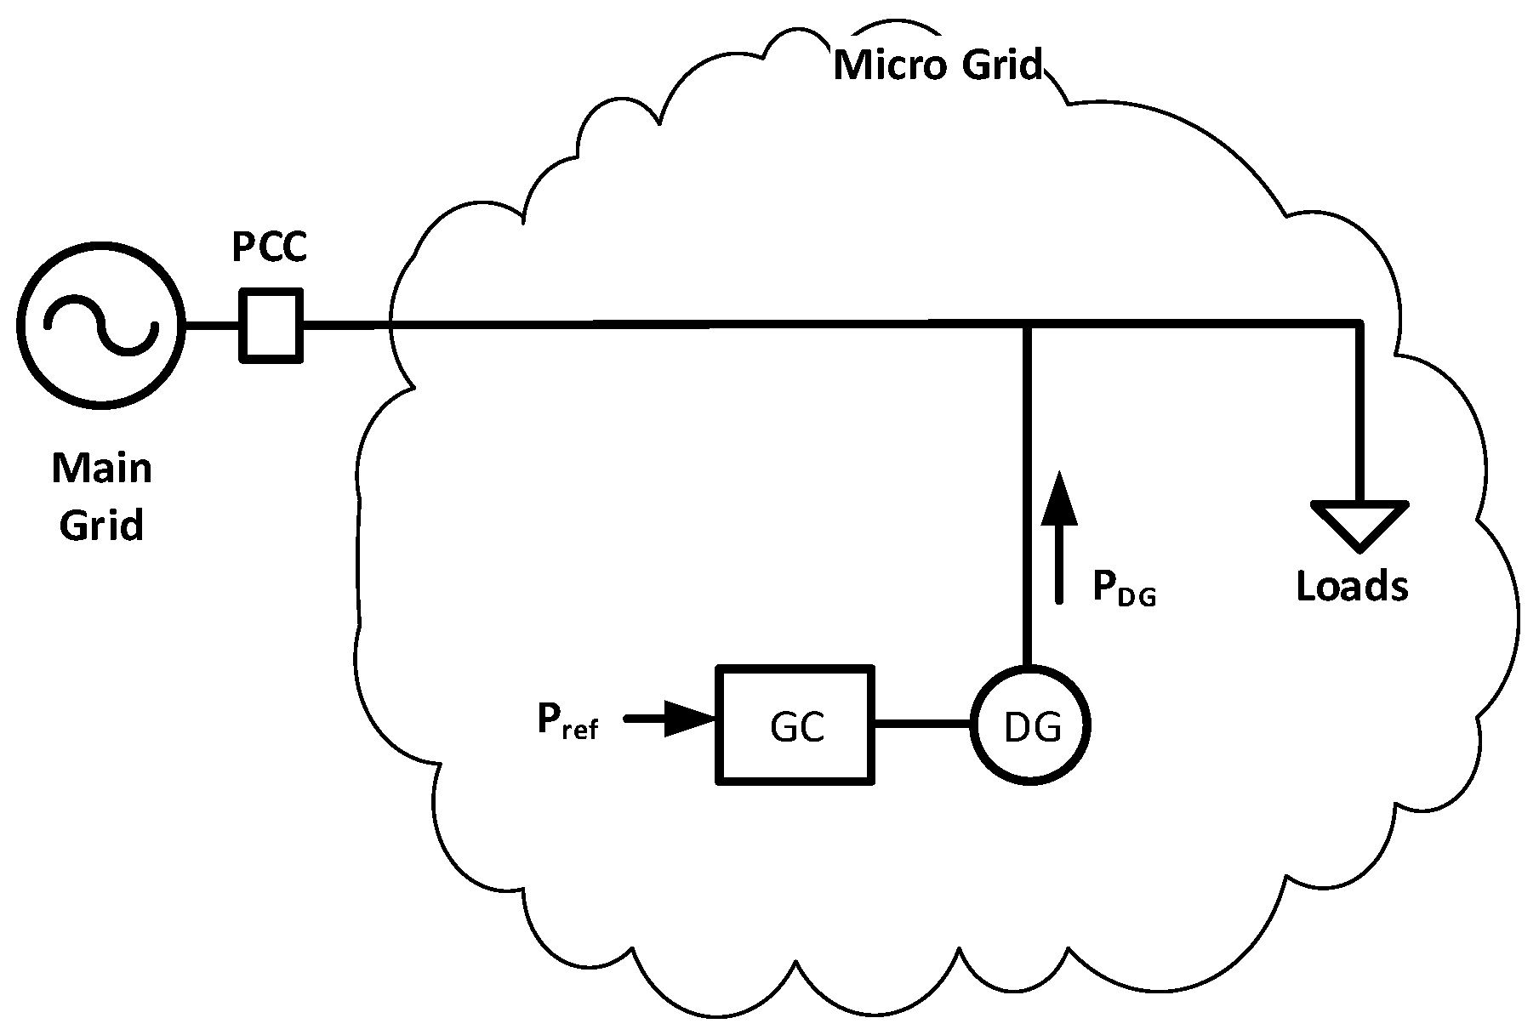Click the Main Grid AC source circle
(x=100, y=326)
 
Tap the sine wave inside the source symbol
(x=101, y=327)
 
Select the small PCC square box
(x=271, y=326)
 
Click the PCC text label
(x=270, y=248)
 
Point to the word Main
(x=102, y=469)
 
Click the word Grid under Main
(x=101, y=525)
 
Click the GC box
(x=795, y=725)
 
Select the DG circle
(x=1031, y=725)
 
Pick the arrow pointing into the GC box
(x=672, y=719)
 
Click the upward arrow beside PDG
(x=1059, y=536)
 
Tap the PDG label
(x=1124, y=589)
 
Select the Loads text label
(x=1352, y=586)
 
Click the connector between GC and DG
(x=923, y=725)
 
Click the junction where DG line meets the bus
(x=1027, y=324)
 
